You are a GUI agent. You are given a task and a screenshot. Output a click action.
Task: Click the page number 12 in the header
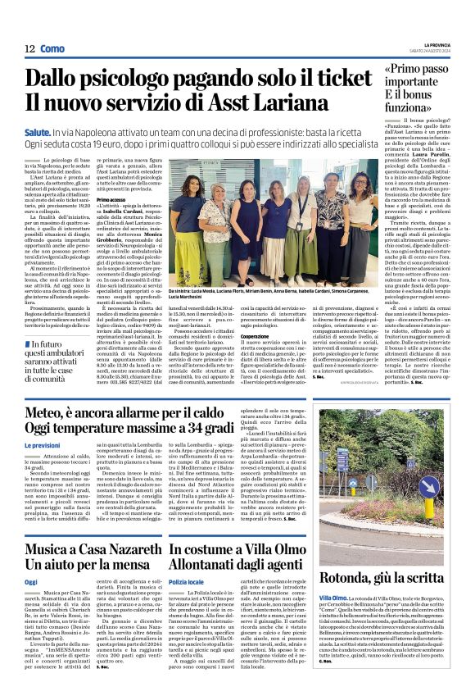pyautogui.click(x=29, y=49)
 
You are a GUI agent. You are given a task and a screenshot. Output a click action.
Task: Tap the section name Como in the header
pyautogui.click(x=52, y=49)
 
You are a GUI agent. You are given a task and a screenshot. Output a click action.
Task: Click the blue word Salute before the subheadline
pyautogui.click(x=36, y=130)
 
